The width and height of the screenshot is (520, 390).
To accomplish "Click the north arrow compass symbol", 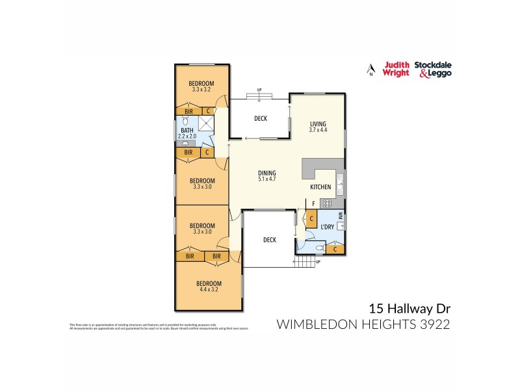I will [x=370, y=68].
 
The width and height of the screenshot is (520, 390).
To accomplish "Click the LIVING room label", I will [x=317, y=123].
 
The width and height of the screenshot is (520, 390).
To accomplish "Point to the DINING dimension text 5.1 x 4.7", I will [x=267, y=179].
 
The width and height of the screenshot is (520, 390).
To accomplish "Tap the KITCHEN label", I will [x=320, y=187].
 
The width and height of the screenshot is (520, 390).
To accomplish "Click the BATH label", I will [x=187, y=130].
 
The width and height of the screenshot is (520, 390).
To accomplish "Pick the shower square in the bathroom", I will [x=206, y=124].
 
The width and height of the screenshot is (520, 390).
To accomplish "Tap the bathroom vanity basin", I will [x=185, y=144].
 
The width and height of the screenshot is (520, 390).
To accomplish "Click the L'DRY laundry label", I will [x=327, y=227].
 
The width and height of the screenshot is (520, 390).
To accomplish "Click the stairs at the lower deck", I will [x=305, y=261].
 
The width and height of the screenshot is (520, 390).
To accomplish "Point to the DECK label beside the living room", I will [x=261, y=118].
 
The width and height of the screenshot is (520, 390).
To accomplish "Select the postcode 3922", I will [x=435, y=323].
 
